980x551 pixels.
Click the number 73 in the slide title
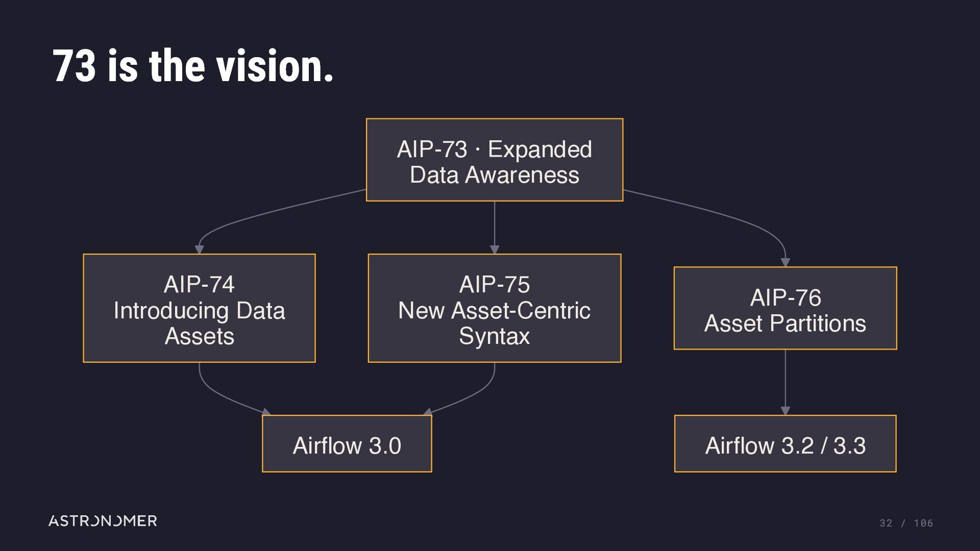[x=74, y=66]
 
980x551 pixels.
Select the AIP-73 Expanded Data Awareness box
[x=495, y=160]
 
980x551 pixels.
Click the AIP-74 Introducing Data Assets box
[x=199, y=308]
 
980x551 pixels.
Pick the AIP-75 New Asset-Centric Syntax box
[x=495, y=308]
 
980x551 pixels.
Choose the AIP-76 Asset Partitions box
[x=785, y=308]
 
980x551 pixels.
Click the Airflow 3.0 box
[x=347, y=443]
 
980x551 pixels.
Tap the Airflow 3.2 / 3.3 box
[x=785, y=443]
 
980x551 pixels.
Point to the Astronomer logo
[x=103, y=521]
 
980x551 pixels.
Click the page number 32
[x=886, y=523]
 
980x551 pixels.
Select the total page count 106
[x=923, y=523]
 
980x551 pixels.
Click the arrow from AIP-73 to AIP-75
[x=495, y=228]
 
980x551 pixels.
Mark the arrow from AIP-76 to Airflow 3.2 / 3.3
[x=785, y=382]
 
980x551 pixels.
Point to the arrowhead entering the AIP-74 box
[x=199, y=249]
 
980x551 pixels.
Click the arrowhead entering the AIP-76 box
[x=785, y=262]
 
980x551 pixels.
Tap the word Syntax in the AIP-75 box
[x=495, y=336]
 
